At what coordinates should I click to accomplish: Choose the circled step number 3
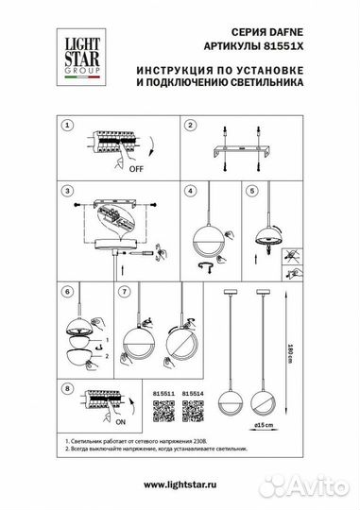point(66,191)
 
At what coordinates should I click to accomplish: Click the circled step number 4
point(189,191)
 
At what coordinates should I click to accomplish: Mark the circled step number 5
point(250,191)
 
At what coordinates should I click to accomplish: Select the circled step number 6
point(66,294)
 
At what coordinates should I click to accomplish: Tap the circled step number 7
point(126,294)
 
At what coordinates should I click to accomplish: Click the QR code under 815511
point(164,410)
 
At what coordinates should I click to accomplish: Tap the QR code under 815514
point(193,410)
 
